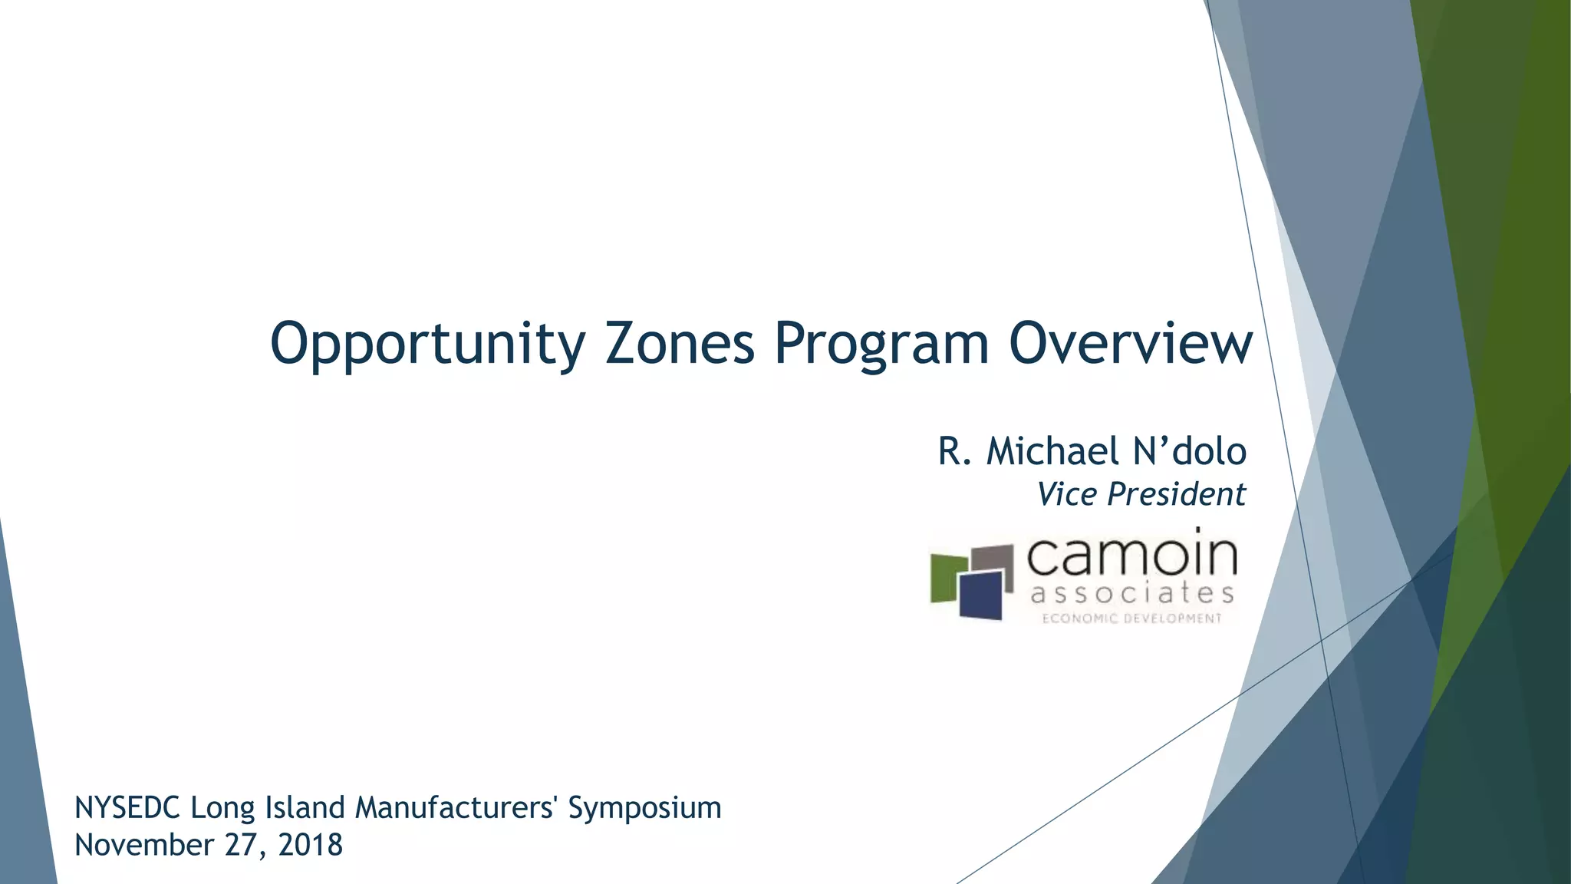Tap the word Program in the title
coord(881,345)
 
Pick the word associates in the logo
coord(1131,593)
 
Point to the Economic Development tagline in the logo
coord(1131,618)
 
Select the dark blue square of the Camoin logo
coord(981,595)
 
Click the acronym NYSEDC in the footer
coord(127,808)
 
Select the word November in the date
coord(144,845)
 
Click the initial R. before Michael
coord(954,451)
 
